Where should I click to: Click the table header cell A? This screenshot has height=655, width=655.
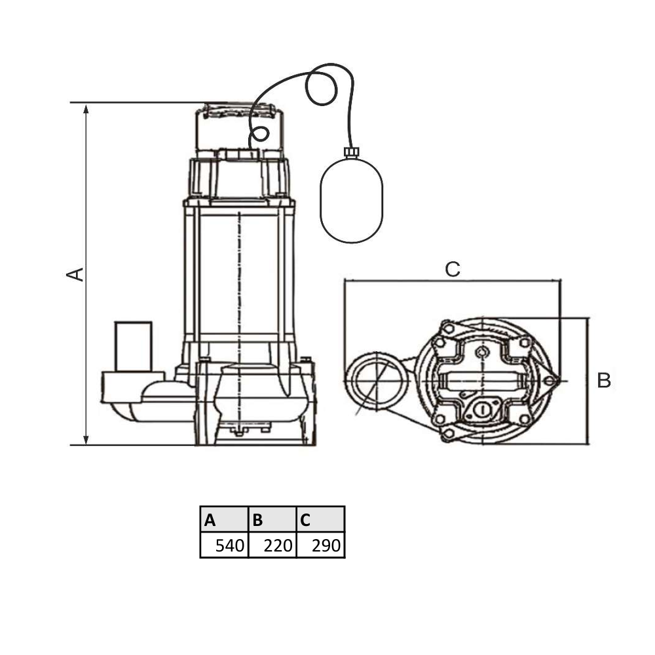[224, 519]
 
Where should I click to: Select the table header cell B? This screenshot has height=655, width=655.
[272, 519]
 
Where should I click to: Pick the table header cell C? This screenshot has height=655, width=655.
[320, 519]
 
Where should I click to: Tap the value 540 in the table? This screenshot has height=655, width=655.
[229, 546]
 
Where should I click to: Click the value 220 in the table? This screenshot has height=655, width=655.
[278, 546]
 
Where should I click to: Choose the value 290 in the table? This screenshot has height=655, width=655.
[326, 546]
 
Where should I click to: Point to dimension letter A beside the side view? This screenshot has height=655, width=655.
[75, 274]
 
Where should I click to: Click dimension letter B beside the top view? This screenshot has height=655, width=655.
[604, 380]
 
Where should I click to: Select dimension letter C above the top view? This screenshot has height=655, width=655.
[453, 269]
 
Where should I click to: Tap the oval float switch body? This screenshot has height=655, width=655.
[351, 200]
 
